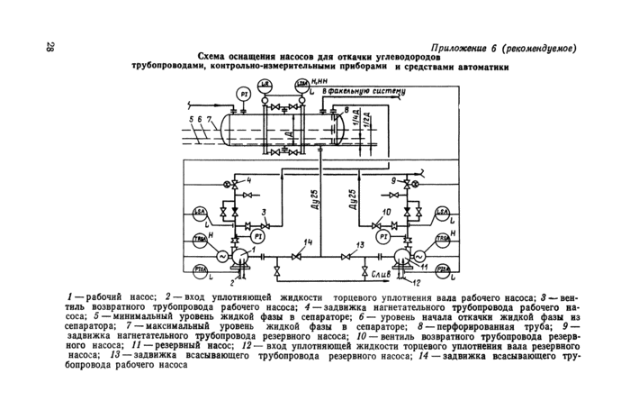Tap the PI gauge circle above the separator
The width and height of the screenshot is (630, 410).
pos(243,94)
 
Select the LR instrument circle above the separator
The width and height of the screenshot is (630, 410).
pos(264,86)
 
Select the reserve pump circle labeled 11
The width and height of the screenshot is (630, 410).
pos(417,256)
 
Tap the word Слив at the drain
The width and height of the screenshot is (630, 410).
pos(379,270)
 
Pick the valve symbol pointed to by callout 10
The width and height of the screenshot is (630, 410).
pos(400,220)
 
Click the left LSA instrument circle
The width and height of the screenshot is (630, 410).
pos(202,213)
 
